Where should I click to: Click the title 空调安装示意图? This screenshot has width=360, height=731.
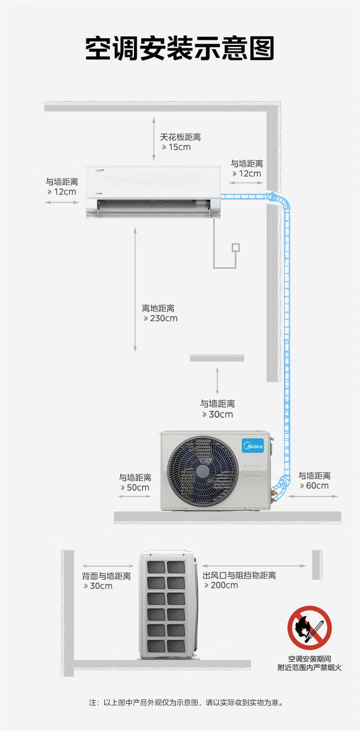180,48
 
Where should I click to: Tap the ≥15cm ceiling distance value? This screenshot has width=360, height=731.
176,147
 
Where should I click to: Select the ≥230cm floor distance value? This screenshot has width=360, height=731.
160,318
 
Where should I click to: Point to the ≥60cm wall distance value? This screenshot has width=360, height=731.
314,485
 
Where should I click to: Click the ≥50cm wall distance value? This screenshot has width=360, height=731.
135,488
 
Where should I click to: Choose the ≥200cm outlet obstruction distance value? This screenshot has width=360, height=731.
221,585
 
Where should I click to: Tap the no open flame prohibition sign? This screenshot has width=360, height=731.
310,628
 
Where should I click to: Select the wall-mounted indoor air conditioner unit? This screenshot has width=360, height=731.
153,192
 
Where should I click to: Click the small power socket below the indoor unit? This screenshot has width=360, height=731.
235,248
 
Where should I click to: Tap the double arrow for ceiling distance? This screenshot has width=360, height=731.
154,138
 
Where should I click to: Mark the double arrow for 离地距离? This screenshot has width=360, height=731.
135,289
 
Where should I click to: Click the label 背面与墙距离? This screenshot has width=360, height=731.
106,576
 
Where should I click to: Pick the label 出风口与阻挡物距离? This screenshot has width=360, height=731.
239,575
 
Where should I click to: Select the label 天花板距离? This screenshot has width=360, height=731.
180,137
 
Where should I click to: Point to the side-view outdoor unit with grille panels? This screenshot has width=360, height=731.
168,605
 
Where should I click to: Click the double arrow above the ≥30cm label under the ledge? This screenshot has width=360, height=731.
217,381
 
